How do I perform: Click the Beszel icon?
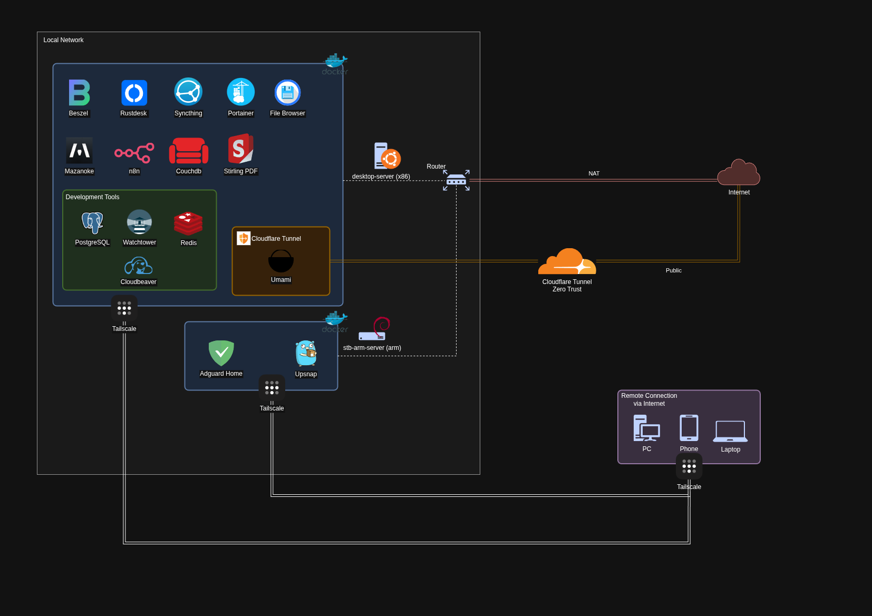coord(79,93)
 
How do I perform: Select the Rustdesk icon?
coord(134,93)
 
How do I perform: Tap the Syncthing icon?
coord(188,92)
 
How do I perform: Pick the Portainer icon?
coord(240,92)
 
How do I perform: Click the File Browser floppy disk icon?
coord(287,93)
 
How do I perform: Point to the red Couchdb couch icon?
coord(189,151)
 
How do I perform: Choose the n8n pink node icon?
coord(134,153)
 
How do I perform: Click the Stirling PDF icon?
coord(240,149)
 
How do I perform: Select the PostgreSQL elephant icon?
coord(92,222)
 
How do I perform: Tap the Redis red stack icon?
coord(188,223)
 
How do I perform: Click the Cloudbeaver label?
coord(138,282)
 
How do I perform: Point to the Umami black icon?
coord(280,261)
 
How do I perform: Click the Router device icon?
coord(456,181)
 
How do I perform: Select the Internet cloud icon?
coord(739,173)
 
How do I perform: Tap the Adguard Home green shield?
coord(221,353)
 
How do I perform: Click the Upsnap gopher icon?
coord(306,353)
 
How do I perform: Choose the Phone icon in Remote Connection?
coord(689,428)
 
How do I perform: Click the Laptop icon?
coord(730,431)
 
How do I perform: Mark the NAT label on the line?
coord(594,173)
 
